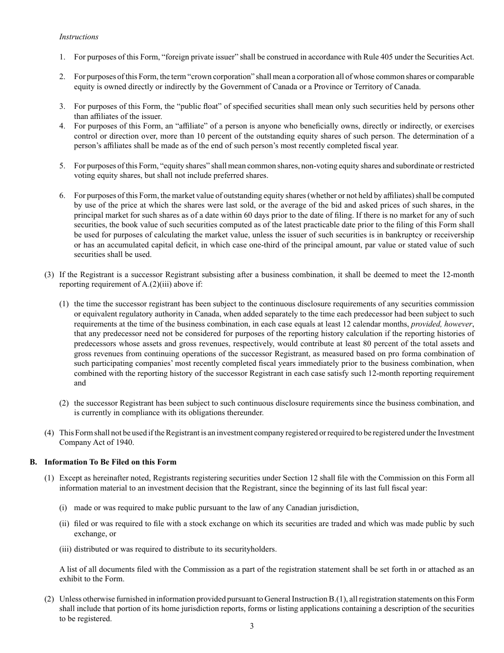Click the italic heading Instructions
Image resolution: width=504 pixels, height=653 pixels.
[x=79, y=37]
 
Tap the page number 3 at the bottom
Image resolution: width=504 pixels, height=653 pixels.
[x=252, y=626]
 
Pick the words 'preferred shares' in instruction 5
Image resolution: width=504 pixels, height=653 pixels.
[x=242, y=176]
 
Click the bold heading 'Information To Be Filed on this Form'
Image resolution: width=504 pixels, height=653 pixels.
[x=110, y=462]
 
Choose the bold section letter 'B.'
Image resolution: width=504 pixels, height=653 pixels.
[x=33, y=462]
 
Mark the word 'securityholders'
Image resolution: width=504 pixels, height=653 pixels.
[x=249, y=549]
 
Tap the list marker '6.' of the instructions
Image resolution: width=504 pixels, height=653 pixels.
[x=63, y=195]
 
